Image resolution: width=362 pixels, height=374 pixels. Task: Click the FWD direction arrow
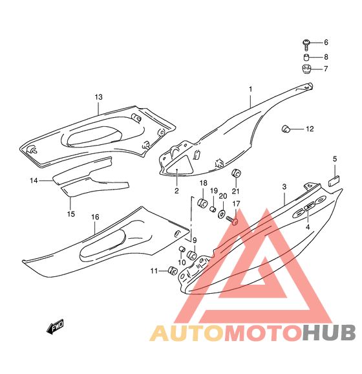click(56, 327)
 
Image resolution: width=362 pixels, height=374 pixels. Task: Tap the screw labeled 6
click(306, 45)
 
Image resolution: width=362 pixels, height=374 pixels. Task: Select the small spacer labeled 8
click(306, 58)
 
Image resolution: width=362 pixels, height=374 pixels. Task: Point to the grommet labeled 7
click(306, 69)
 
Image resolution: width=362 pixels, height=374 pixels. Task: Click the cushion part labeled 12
click(285, 129)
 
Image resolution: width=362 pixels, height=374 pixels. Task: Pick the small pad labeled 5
click(334, 181)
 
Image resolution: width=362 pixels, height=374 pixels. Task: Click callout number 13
click(98, 97)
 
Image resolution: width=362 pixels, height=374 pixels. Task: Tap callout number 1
click(250, 89)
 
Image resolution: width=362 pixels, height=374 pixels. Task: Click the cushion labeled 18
click(202, 203)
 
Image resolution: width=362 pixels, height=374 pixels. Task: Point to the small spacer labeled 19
click(213, 209)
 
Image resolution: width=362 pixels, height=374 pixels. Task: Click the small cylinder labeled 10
click(182, 248)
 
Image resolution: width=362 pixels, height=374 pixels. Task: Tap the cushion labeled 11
click(173, 270)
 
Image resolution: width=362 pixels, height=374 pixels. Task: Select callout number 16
click(95, 217)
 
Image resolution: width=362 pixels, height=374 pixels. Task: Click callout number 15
click(70, 214)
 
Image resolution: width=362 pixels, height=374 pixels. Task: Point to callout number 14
click(34, 181)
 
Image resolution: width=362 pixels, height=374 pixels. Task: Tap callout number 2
click(176, 191)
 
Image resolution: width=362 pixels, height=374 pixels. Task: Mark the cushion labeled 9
click(192, 255)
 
